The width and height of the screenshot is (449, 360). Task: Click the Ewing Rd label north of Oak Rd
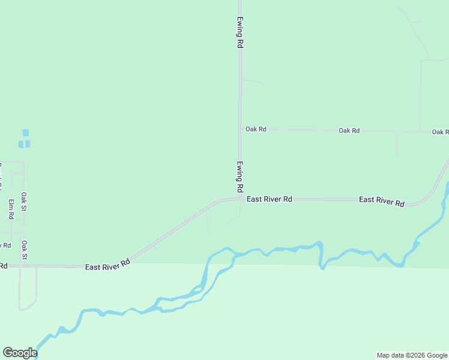(x=240, y=32)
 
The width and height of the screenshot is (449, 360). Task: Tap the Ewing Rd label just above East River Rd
(x=240, y=177)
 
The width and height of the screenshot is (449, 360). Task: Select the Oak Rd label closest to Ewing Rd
(x=256, y=129)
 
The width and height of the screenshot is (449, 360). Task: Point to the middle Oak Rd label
(x=349, y=130)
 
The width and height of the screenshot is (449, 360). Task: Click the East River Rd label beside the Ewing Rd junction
(x=270, y=199)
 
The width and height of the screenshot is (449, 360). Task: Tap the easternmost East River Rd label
(x=382, y=201)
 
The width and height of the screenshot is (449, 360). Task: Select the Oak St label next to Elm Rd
(x=24, y=202)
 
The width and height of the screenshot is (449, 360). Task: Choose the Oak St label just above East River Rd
(x=25, y=250)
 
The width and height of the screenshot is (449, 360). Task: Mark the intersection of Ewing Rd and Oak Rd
(x=240, y=129)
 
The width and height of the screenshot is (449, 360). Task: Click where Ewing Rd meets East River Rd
(x=240, y=199)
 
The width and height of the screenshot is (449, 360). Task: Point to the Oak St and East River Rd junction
(x=22, y=265)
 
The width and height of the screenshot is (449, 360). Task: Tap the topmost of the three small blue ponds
(x=25, y=133)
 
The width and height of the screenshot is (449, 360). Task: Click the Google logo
(x=19, y=353)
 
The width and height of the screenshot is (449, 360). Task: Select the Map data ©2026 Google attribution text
(x=412, y=355)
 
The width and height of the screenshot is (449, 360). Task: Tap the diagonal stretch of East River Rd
(x=174, y=232)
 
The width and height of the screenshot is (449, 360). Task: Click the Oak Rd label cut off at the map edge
(x=441, y=131)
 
